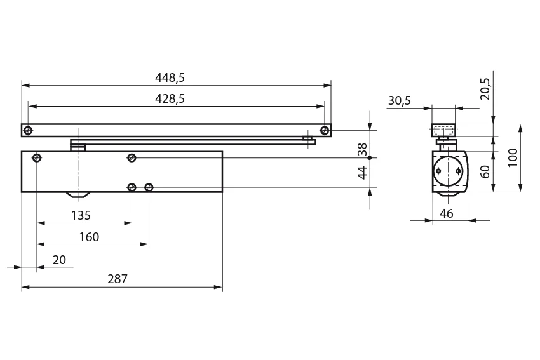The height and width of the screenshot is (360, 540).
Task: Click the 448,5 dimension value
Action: click(170, 78)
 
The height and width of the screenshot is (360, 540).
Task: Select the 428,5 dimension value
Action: click(170, 99)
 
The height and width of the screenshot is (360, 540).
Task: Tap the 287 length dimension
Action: click(118, 279)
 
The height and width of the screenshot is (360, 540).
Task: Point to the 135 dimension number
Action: click(81, 215)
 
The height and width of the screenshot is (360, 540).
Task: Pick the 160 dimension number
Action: click(89, 237)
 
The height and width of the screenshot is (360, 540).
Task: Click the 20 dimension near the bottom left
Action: click(59, 260)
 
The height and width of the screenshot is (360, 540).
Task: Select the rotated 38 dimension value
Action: click(362, 149)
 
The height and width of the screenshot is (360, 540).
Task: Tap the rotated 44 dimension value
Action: click(362, 173)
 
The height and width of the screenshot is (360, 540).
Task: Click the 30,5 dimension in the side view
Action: click(400, 100)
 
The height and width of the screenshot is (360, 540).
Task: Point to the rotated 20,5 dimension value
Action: click(485, 89)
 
